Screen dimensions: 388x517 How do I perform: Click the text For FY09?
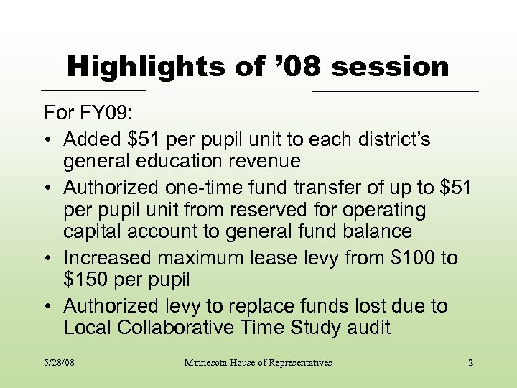[x=85, y=114]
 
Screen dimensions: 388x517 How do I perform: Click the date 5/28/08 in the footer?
[x=60, y=363]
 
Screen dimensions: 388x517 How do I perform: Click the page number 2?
[x=470, y=363]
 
